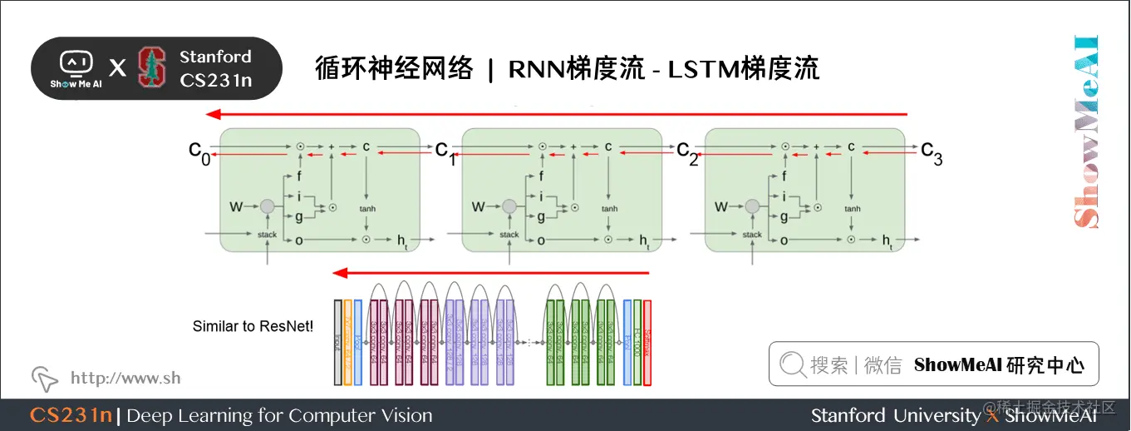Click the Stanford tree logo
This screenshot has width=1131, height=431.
pyautogui.click(x=151, y=67)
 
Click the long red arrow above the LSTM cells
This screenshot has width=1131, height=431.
pyautogui.click(x=557, y=115)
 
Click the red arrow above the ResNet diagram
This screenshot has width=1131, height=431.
pyautogui.click(x=490, y=272)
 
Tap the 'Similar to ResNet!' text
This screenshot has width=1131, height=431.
pyautogui.click(x=253, y=326)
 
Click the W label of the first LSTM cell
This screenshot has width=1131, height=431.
pyautogui.click(x=236, y=206)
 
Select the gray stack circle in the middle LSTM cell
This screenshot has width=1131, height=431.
pyautogui.click(x=509, y=207)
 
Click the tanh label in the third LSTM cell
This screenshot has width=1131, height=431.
pyautogui.click(x=853, y=209)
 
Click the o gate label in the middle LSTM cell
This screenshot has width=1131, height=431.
pyautogui.click(x=541, y=240)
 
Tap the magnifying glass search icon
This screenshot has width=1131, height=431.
pyautogui.click(x=793, y=364)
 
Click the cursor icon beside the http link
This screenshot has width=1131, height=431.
pyautogui.click(x=45, y=379)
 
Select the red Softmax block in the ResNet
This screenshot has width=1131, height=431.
pyautogui.click(x=647, y=342)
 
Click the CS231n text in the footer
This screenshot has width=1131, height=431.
pyautogui.click(x=71, y=415)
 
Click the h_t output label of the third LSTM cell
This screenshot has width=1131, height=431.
pyautogui.click(x=888, y=241)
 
